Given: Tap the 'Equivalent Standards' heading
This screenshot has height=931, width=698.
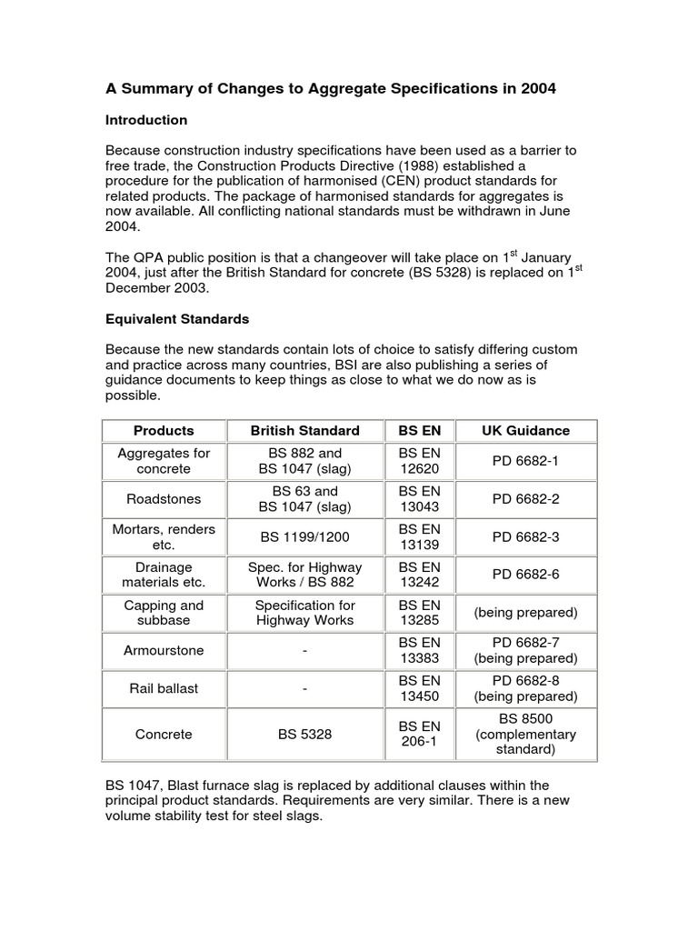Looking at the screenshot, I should tap(177, 320).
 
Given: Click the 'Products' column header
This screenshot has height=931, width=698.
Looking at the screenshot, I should tap(164, 430).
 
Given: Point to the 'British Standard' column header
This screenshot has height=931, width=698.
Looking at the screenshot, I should tap(305, 430).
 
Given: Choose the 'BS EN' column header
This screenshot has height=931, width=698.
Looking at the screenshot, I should tap(419, 430).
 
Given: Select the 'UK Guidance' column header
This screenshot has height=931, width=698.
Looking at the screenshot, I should tap(525, 430).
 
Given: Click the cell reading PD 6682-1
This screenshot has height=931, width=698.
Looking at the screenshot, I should tap(525, 461).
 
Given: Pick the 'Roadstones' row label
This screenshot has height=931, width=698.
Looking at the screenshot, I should tap(164, 499).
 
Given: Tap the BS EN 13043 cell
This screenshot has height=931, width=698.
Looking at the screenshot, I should tap(419, 499).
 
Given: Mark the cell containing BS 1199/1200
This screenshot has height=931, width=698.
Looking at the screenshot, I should tap(305, 537).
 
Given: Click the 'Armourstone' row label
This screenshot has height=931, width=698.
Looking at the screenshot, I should tap(164, 651).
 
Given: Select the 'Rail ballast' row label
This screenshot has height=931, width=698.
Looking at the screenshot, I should tap(164, 689).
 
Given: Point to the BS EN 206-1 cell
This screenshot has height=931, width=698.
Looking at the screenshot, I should tap(419, 734).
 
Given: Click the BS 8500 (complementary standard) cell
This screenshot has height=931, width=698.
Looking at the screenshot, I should tap(525, 734).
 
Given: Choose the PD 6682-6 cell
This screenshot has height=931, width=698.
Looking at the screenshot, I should tap(525, 575).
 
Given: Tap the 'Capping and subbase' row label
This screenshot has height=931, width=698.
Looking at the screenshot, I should tap(164, 613).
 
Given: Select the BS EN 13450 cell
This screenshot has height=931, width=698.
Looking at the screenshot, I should tap(419, 689).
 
